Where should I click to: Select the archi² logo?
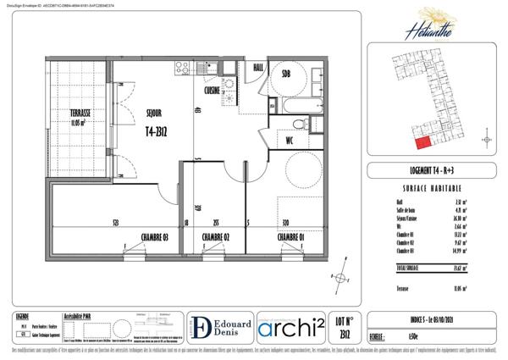coord(288,328)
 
